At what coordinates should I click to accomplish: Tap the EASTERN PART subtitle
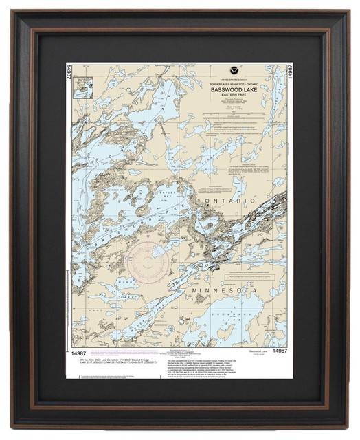(236, 105)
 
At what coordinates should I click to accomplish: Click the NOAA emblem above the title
(236, 71)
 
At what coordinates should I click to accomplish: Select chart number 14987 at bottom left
(78, 351)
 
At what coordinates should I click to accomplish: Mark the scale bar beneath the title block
(236, 124)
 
